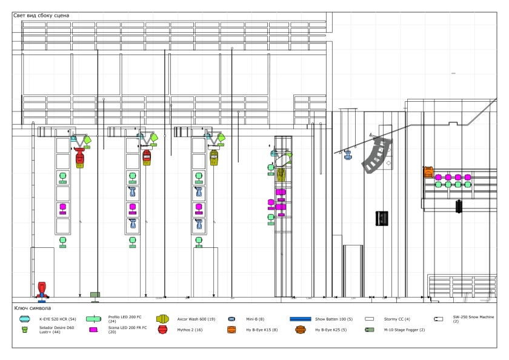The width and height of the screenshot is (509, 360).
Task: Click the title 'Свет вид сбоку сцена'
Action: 41,15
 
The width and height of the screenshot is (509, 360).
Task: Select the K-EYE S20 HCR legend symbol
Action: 25,318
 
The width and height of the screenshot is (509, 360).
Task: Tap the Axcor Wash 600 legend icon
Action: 162,318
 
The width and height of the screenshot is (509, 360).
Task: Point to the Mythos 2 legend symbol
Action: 162,329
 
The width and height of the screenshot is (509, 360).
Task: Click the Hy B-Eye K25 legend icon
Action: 300,330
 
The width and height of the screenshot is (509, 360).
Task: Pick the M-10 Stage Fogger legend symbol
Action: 368,330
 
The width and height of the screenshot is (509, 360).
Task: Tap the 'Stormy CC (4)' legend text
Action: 397,318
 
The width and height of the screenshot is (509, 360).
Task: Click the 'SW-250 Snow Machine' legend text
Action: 473,317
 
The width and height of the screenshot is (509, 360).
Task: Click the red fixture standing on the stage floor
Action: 42,289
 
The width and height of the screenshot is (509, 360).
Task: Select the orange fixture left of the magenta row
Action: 428,172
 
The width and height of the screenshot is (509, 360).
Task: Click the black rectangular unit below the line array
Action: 382,218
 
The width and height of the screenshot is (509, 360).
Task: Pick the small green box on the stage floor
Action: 95,295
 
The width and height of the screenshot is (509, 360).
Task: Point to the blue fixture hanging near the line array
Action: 348,155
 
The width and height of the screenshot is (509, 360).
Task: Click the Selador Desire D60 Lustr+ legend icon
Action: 25,330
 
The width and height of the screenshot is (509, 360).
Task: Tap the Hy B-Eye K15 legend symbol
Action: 231,330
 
